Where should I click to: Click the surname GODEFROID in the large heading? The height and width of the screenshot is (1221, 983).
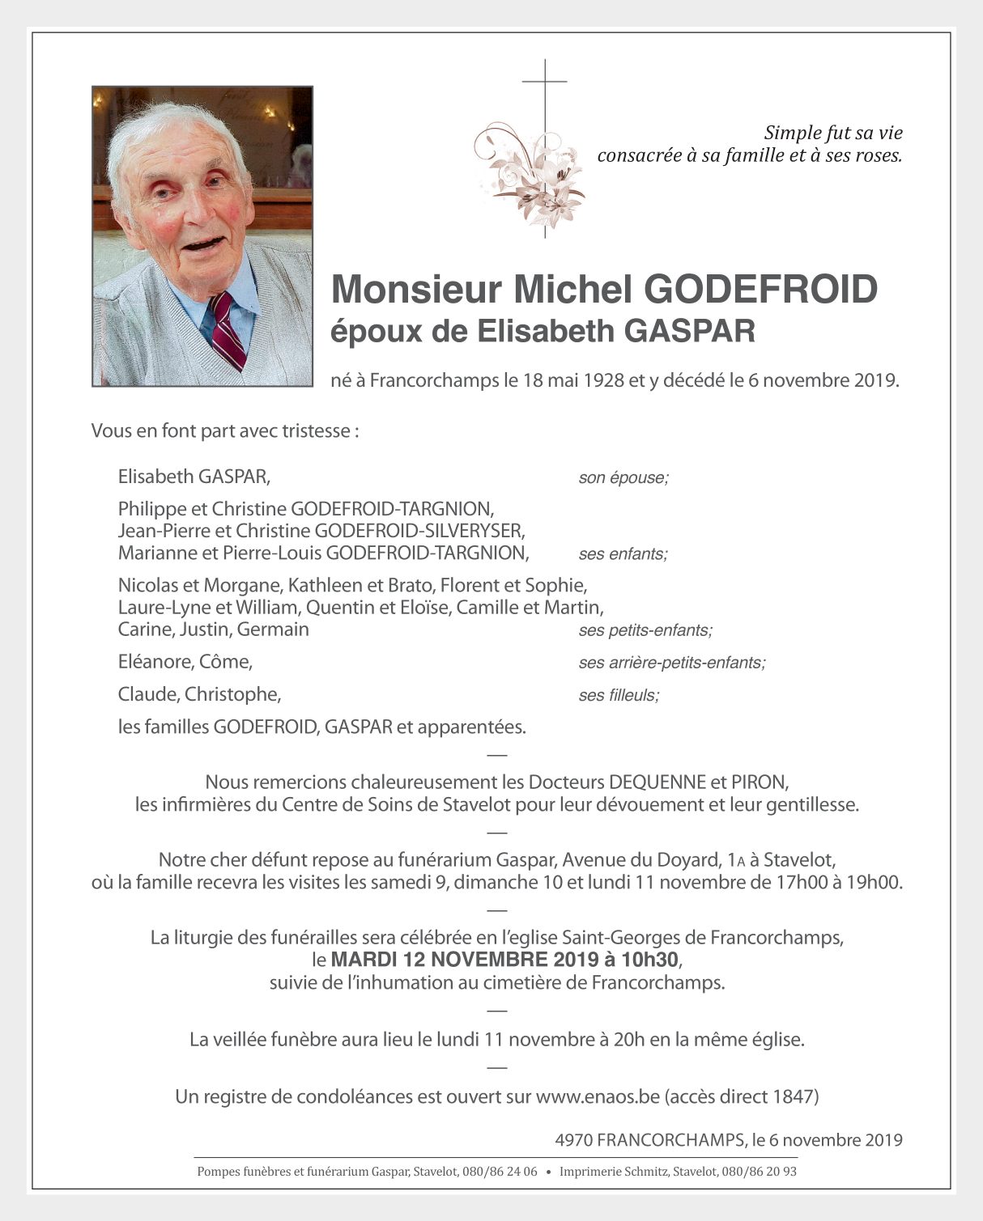point(760,289)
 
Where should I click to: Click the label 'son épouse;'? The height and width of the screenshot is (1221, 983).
point(623,477)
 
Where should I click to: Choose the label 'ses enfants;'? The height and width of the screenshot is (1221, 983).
point(623,554)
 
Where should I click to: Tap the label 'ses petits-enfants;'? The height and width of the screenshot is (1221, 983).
point(645,630)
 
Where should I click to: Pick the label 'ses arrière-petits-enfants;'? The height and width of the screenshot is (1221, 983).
point(672,663)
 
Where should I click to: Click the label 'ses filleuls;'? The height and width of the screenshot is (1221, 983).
point(619,695)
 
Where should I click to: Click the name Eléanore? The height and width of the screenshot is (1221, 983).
point(155,662)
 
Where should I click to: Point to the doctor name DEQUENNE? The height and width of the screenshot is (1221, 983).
point(657,782)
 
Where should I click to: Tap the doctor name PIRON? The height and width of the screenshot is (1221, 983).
point(759,782)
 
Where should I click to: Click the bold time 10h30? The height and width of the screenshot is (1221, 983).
point(650,960)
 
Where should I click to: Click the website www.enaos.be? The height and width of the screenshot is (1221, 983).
point(598,1096)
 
